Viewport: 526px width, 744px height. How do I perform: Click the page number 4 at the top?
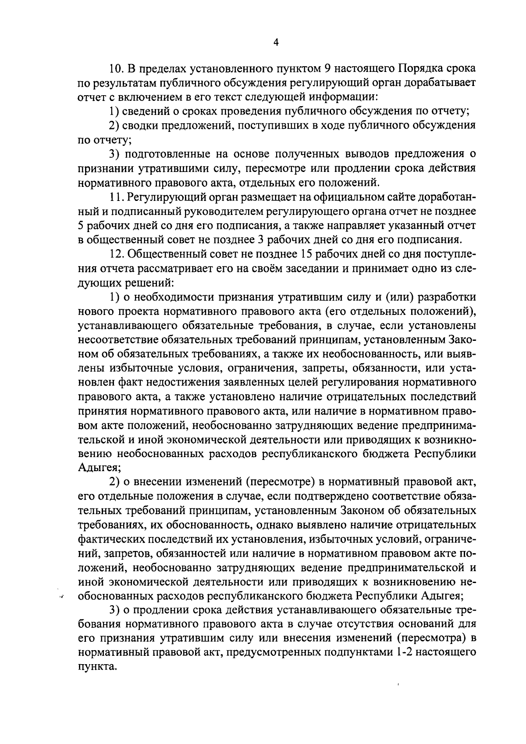pos(276,42)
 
